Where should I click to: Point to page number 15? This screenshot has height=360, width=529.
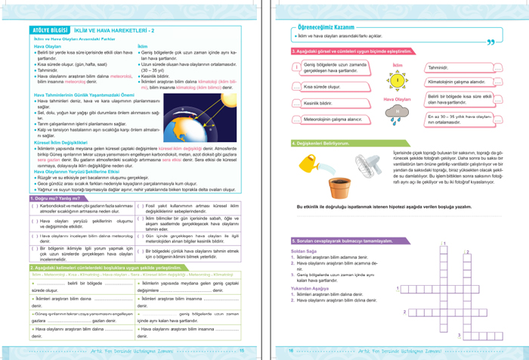pos(241,350)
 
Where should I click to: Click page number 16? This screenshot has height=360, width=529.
pos(289,350)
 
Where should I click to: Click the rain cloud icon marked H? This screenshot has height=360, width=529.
pos(398,112)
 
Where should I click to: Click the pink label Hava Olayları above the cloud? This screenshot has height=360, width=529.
pos(397,99)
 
